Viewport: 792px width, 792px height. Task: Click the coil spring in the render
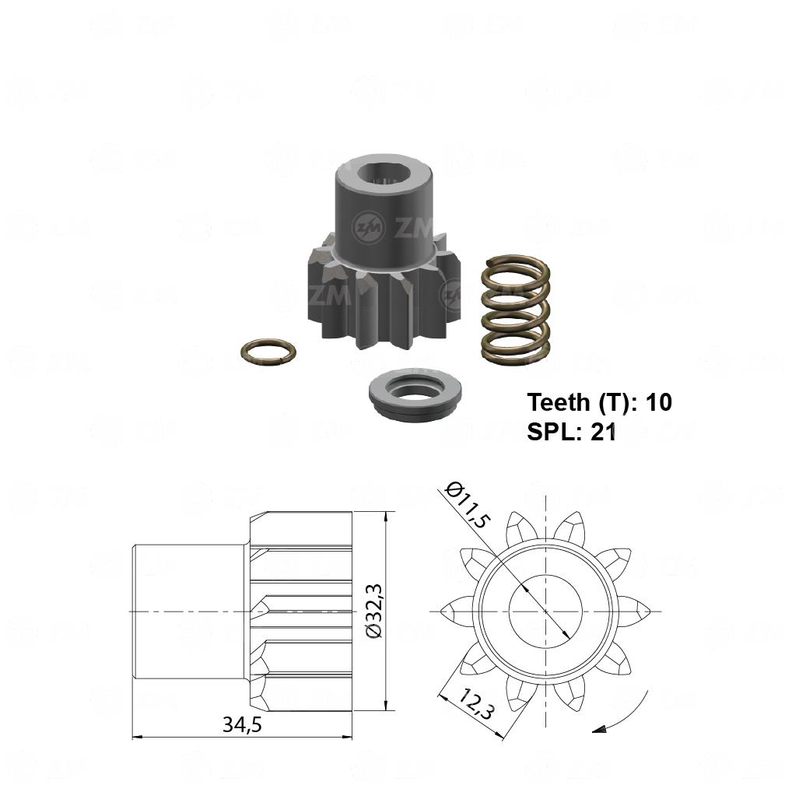tap(515, 310)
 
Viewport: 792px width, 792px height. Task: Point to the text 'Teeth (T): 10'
tap(599, 402)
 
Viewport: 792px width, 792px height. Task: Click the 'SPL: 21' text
tap(571, 432)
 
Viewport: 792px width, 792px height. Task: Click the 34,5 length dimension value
tap(243, 725)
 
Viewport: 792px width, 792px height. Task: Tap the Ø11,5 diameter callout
tap(468, 505)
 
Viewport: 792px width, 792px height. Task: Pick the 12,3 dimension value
tap(476, 704)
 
